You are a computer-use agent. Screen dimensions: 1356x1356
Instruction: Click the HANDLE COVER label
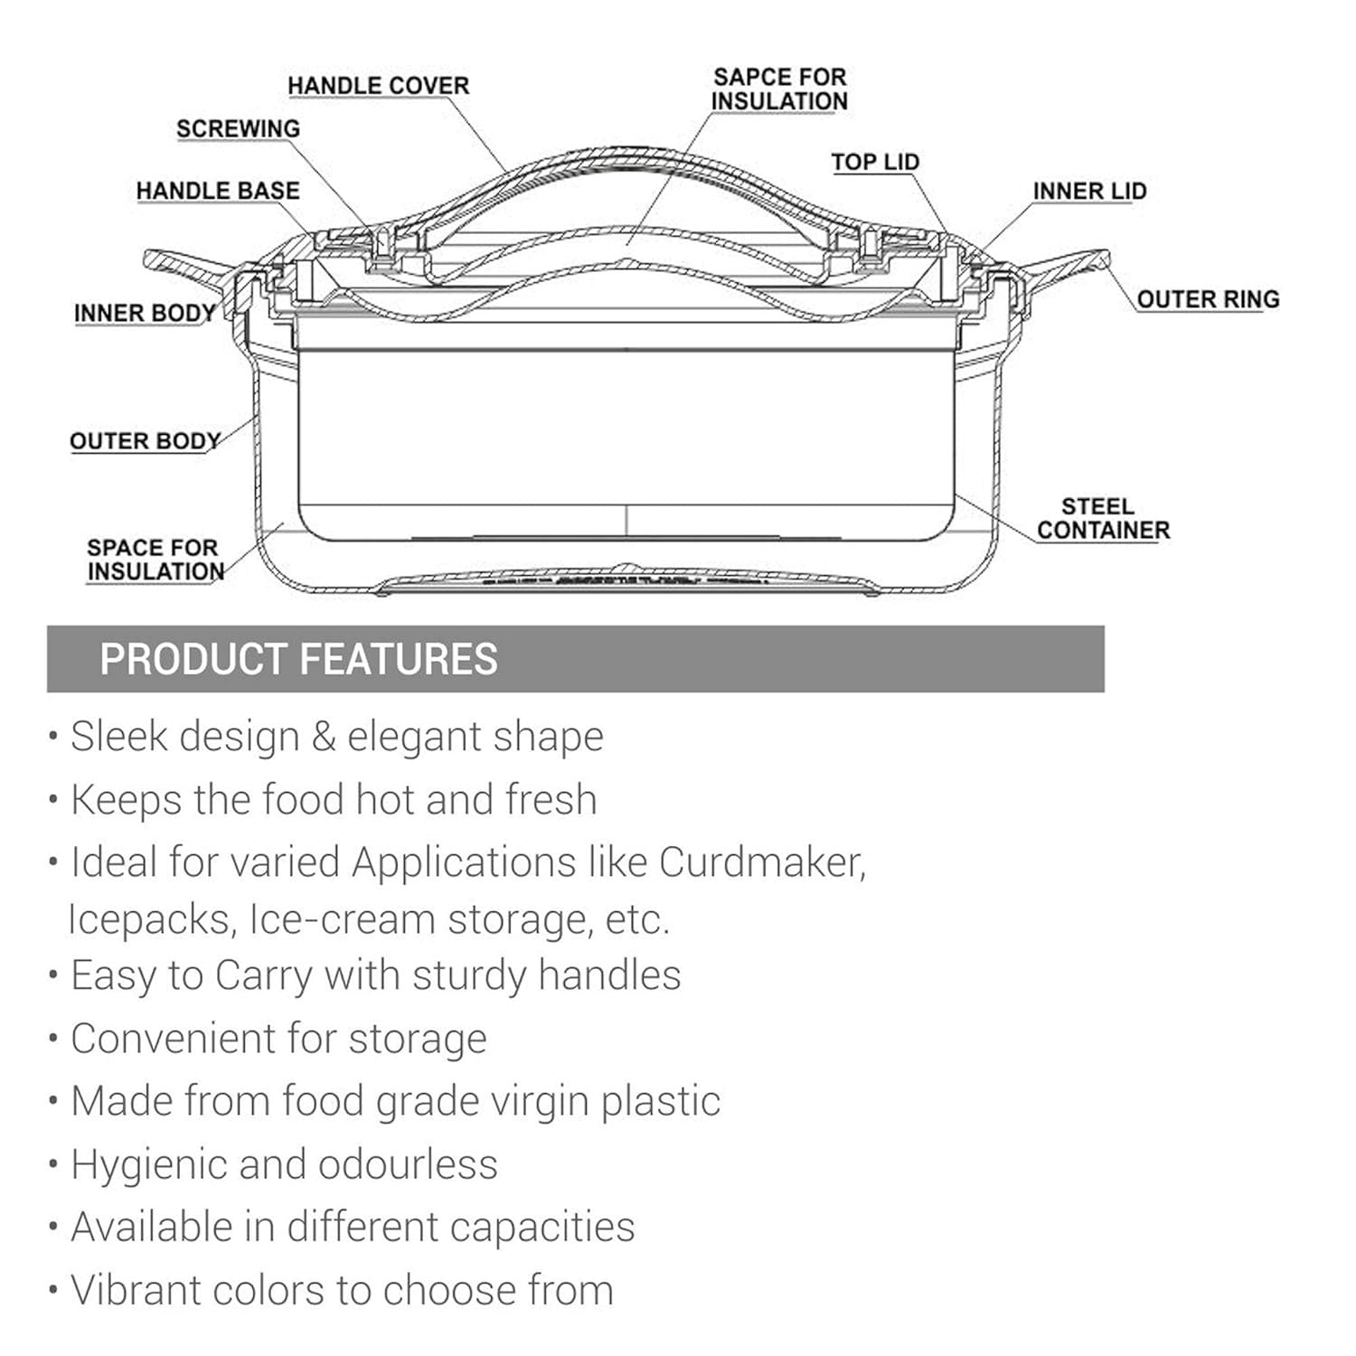378,86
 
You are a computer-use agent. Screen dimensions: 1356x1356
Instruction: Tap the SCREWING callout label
238,129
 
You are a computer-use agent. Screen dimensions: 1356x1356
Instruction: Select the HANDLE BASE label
218,191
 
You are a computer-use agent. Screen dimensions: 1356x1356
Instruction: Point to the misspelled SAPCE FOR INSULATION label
779,89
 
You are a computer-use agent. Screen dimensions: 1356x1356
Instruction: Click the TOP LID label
875,162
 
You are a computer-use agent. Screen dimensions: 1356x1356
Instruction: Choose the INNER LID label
1089,192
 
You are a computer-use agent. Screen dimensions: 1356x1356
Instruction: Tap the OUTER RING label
1208,299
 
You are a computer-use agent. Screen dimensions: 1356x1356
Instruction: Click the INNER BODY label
145,314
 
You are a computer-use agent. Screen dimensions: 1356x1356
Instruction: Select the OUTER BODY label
146,441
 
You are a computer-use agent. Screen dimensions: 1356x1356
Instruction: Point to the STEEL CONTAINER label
1103,518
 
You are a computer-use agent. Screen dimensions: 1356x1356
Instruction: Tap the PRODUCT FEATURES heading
298,659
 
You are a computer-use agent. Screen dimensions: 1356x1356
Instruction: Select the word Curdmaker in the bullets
761,862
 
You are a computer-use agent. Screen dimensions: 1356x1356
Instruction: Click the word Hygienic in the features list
147,1164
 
